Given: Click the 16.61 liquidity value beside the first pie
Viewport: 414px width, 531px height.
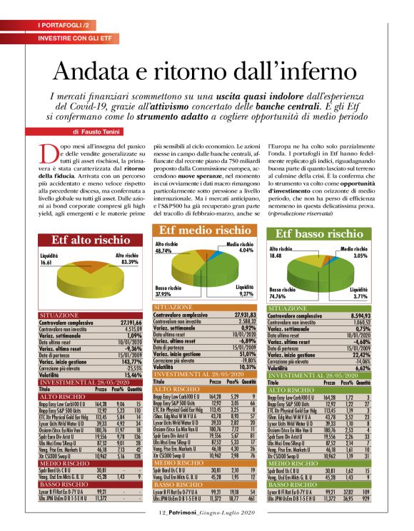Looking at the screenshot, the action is (x=47, y=263).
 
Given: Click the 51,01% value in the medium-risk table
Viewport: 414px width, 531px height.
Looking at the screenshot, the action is (x=245, y=352).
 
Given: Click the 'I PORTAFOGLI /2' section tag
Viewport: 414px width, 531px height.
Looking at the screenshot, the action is (x=64, y=25).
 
